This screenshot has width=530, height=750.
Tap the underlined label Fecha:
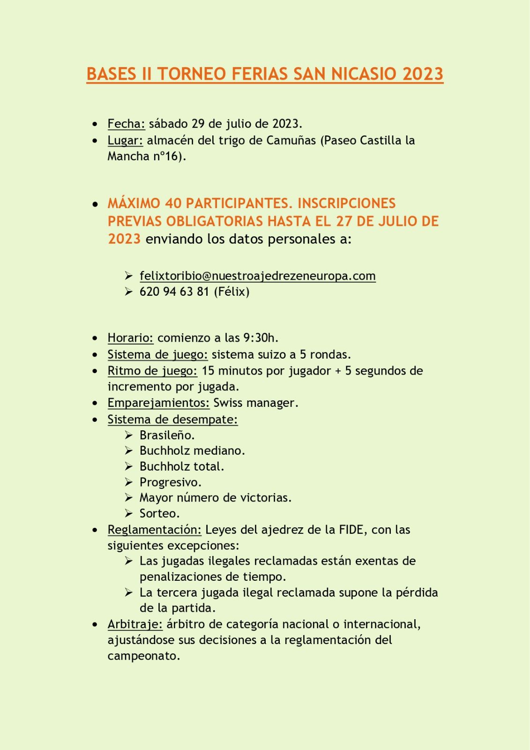click(x=126, y=124)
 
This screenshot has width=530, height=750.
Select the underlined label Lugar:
click(x=125, y=140)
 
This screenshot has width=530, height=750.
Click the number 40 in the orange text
click(x=173, y=203)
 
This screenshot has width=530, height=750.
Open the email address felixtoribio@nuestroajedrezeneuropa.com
click(x=257, y=276)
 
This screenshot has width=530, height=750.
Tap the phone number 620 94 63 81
click(x=174, y=292)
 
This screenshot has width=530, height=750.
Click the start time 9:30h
click(x=260, y=338)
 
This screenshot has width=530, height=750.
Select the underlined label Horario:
click(x=130, y=338)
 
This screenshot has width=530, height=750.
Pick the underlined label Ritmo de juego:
click(x=152, y=371)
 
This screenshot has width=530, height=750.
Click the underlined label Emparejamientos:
click(x=158, y=403)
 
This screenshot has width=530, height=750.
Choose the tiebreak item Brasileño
click(x=167, y=435)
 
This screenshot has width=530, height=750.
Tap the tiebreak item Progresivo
click(x=170, y=482)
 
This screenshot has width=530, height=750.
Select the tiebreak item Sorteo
click(x=159, y=514)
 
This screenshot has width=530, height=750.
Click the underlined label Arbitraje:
click(x=135, y=624)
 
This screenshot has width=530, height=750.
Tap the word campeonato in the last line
click(x=143, y=656)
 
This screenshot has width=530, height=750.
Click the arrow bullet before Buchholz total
click(x=129, y=467)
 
